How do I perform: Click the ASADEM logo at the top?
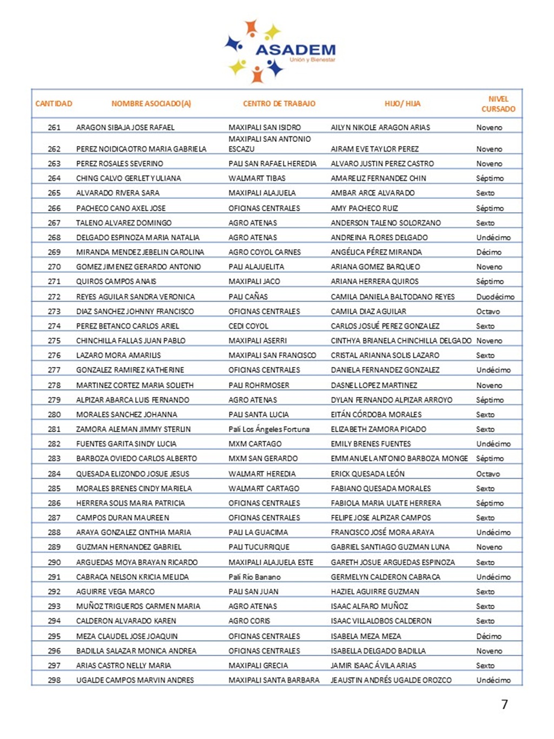click(280, 51)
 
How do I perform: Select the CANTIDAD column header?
click(54, 103)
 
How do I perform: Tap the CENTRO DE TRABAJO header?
click(279, 103)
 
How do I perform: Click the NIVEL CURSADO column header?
click(498, 104)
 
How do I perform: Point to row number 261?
click(54, 128)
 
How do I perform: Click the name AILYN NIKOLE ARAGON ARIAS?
click(380, 128)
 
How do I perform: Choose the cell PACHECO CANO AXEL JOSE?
click(121, 208)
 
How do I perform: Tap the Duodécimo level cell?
click(495, 297)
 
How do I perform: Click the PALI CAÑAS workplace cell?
click(248, 297)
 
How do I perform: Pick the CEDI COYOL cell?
click(248, 326)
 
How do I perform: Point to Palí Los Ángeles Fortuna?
click(269, 429)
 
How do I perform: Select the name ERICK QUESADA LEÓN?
click(367, 474)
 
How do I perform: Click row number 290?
click(54, 563)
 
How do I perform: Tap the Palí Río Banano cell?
click(254, 577)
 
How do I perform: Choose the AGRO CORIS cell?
click(249, 621)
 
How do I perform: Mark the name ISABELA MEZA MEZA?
click(366, 636)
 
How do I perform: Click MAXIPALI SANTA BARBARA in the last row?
click(274, 680)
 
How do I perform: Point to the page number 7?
click(504, 704)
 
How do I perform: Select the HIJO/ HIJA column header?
click(402, 103)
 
